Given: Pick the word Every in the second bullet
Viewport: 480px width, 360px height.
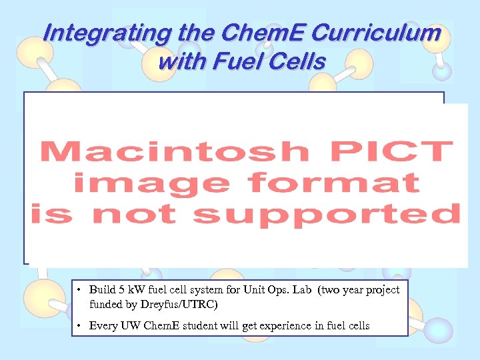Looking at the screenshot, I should point(103,325).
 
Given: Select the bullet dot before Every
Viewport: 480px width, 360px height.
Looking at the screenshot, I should point(79,326).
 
